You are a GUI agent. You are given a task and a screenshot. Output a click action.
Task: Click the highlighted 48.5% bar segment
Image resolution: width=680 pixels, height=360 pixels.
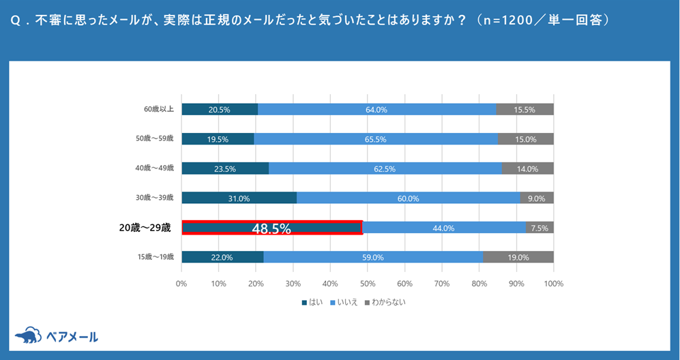pos(271,228)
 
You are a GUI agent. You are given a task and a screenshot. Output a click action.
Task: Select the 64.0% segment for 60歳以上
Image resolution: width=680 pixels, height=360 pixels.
pos(376,109)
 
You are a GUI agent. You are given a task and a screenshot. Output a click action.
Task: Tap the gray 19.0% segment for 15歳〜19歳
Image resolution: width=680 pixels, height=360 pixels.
pos(518,257)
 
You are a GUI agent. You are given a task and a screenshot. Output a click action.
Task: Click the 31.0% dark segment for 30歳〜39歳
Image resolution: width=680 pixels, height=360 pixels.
pos(239,198)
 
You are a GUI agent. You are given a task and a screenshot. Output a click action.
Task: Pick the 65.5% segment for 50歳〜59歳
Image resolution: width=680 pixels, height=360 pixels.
pos(376,139)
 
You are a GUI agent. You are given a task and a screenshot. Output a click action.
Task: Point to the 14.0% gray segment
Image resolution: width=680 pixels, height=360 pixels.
pos(527,168)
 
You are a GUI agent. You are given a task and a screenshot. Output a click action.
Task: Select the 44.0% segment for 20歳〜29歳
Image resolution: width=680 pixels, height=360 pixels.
pos(444,228)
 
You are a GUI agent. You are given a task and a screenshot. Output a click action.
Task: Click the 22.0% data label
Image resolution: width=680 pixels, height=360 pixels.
pos(222,257)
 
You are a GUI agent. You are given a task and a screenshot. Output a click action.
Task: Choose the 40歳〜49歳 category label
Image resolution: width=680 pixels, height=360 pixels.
pos(155,168)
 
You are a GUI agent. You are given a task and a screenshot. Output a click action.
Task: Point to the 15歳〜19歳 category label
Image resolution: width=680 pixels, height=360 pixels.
pos(155,257)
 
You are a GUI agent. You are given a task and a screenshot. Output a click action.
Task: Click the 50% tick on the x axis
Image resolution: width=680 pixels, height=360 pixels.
pos(368,283)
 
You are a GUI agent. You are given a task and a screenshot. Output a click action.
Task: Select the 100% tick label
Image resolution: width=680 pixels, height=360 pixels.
pos(553,283)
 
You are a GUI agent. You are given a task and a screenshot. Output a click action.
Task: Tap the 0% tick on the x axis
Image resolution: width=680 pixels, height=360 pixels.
pos(181,283)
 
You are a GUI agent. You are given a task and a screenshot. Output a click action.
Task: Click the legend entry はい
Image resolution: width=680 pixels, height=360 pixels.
pos(312,301)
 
